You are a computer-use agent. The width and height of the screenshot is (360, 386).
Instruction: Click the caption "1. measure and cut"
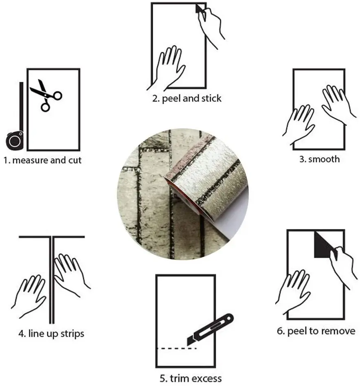tap(43, 160)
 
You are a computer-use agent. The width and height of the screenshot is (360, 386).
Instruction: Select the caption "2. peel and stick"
tap(187, 98)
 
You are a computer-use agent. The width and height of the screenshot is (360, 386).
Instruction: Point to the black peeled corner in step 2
tap(199, 9)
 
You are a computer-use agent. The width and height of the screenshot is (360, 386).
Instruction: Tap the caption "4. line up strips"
tap(51, 334)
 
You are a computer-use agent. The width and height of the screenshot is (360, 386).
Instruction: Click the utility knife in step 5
tap(210, 328)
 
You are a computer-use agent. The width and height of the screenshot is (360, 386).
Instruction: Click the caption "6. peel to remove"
tap(316, 331)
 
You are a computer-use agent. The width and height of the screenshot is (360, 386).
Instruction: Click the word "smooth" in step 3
tap(324, 159)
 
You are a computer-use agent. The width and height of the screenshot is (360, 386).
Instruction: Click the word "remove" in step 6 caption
tap(340, 331)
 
